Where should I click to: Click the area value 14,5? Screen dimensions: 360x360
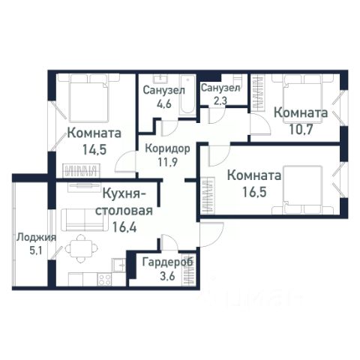pyautogui.click(x=94, y=149)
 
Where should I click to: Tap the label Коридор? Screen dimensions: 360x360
pyautogui.click(x=168, y=148)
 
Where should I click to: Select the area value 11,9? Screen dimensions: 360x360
pyautogui.click(x=167, y=162)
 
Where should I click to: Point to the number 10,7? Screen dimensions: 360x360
pyautogui.click(x=301, y=129)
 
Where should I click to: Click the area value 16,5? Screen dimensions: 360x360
pyautogui.click(x=254, y=192)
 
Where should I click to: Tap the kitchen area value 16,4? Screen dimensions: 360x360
pyautogui.click(x=124, y=227)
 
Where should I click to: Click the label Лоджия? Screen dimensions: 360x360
pyautogui.click(x=36, y=238)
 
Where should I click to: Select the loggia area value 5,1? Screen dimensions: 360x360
pyautogui.click(x=36, y=250)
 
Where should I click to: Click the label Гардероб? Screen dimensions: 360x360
pyautogui.click(x=168, y=262)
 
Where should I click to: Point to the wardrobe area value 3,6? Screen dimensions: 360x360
pyautogui.click(x=166, y=276)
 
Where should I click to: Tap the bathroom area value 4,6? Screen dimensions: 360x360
pyautogui.click(x=164, y=103)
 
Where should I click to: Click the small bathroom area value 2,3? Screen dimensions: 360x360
pyautogui.click(x=220, y=100)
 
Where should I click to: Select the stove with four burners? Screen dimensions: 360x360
pyautogui.click(x=105, y=280)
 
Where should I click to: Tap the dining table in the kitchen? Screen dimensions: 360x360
pyautogui.click(x=82, y=248)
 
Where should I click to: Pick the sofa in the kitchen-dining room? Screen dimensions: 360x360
pyautogui.click(x=84, y=220)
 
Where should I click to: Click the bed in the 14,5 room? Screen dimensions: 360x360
pyautogui.click(x=89, y=99)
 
